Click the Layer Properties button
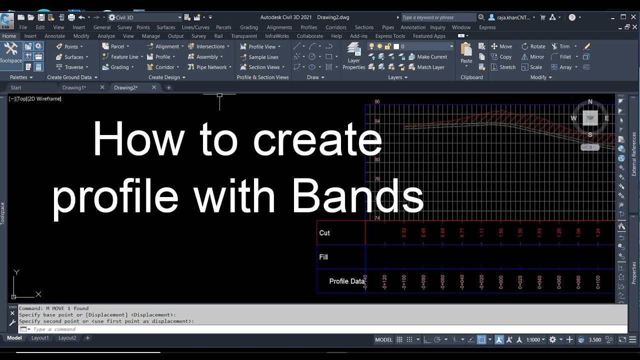(353, 56)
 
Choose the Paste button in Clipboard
(466, 53)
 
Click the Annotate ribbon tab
(55, 36)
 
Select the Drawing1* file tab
(74, 87)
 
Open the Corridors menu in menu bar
(335, 27)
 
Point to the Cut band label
(324, 233)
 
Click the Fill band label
(323, 257)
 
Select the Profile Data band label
(346, 281)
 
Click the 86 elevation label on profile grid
(377, 102)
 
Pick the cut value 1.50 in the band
(500, 233)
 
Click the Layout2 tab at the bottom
(67, 338)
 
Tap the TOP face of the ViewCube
(590, 118)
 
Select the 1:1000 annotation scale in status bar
(533, 339)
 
